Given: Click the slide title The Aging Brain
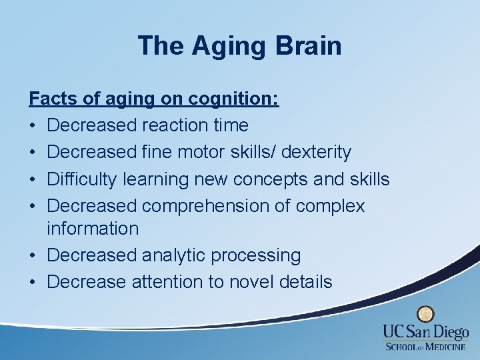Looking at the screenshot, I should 239,46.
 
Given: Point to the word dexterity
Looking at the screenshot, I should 316,152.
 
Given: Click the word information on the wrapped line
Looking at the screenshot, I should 93,228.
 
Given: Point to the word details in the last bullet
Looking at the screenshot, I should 307,282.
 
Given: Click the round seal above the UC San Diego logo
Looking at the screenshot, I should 425,314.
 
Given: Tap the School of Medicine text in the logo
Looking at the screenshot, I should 426,346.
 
